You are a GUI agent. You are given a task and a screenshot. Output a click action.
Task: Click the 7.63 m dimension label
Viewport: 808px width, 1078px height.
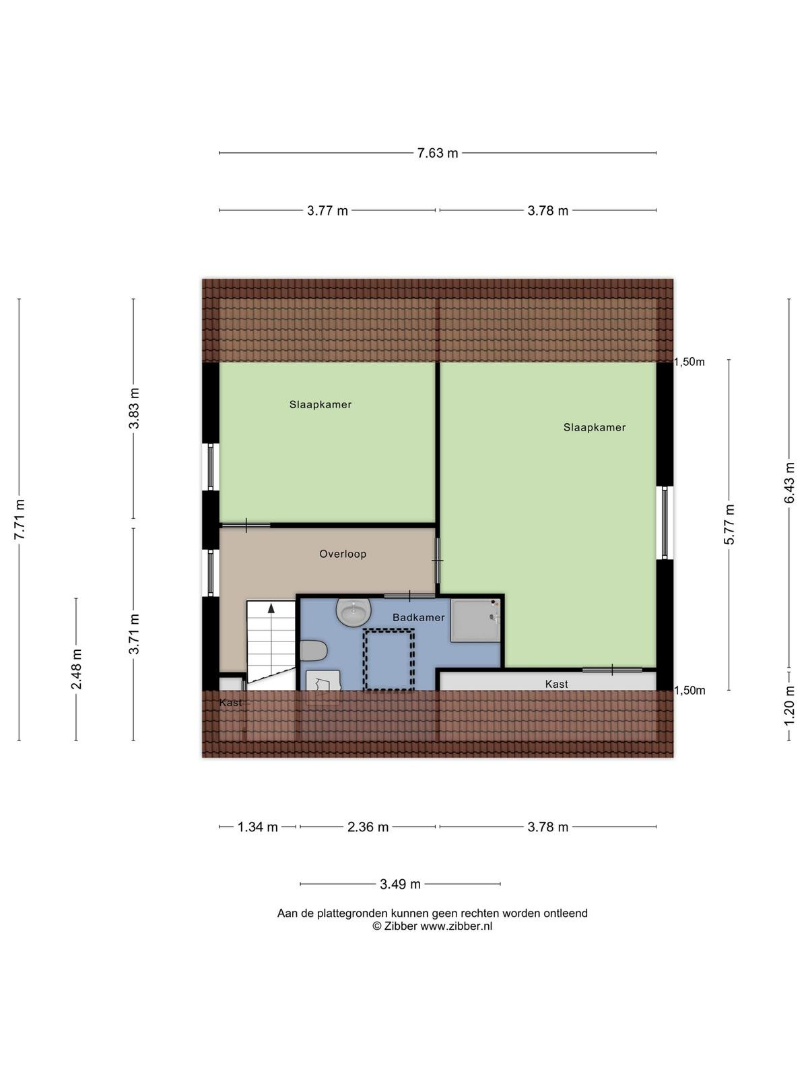pos(438,153)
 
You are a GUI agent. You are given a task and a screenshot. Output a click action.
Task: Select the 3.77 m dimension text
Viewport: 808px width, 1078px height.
pos(327,211)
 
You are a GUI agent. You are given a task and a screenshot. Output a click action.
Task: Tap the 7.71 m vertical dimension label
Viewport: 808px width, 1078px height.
pos(20,519)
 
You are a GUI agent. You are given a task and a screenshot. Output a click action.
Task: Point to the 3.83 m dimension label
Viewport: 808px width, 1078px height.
pos(134,408)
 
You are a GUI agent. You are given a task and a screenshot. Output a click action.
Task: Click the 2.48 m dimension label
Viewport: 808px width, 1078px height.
pos(77,668)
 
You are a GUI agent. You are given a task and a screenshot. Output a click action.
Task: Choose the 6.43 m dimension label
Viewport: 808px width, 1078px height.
pos(789,483)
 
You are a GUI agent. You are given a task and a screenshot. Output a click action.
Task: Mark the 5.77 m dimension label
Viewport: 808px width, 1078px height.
pos(729,524)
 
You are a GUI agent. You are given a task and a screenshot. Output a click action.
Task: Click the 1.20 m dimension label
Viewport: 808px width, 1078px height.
pos(789,705)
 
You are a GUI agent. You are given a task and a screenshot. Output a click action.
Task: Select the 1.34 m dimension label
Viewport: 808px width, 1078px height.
pos(258,827)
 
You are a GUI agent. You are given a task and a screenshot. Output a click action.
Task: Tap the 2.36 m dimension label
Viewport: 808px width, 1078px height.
pos(368,827)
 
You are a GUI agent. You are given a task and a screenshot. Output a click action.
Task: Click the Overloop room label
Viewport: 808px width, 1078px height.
pos(343,554)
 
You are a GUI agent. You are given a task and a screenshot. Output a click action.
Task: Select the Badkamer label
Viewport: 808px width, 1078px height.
pos(418,617)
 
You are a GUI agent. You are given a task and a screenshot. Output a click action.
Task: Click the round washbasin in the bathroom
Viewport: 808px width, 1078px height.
pos(353,612)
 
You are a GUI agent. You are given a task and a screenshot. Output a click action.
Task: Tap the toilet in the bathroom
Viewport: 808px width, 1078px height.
pos(314,651)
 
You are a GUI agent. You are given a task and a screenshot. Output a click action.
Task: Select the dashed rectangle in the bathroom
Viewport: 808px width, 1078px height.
pos(389,660)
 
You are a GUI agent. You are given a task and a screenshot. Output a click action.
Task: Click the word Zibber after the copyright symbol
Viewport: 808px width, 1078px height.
pos(401,926)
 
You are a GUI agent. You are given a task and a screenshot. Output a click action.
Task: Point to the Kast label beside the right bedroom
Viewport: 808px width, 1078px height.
pos(556,684)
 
